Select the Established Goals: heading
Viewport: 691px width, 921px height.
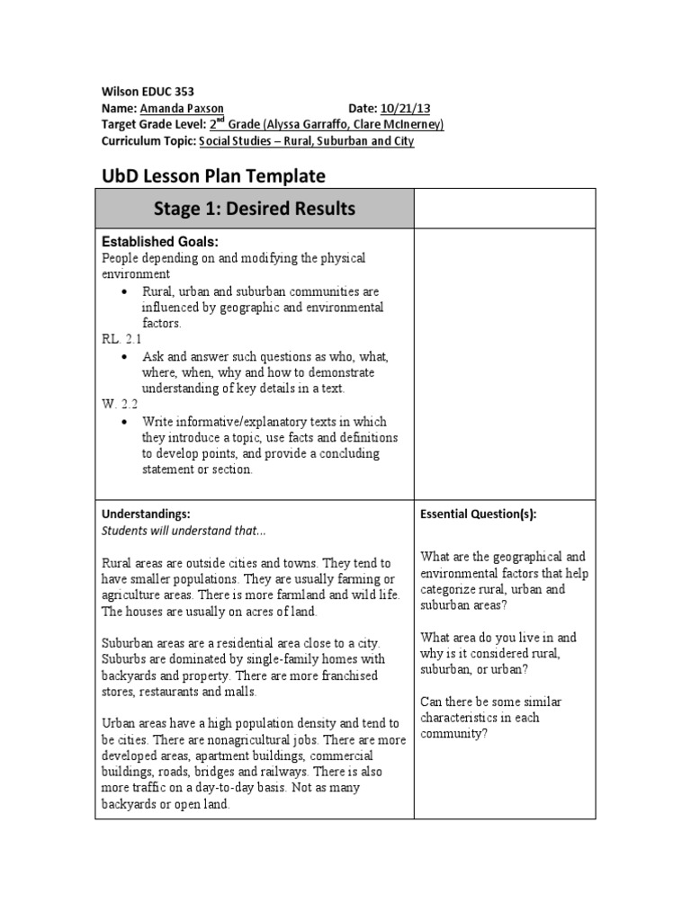[160, 242]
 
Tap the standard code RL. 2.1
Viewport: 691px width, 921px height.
[121, 340]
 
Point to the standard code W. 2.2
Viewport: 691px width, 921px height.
[119, 405]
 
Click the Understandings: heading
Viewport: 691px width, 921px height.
[146, 514]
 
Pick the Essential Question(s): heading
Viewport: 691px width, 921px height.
[478, 514]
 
